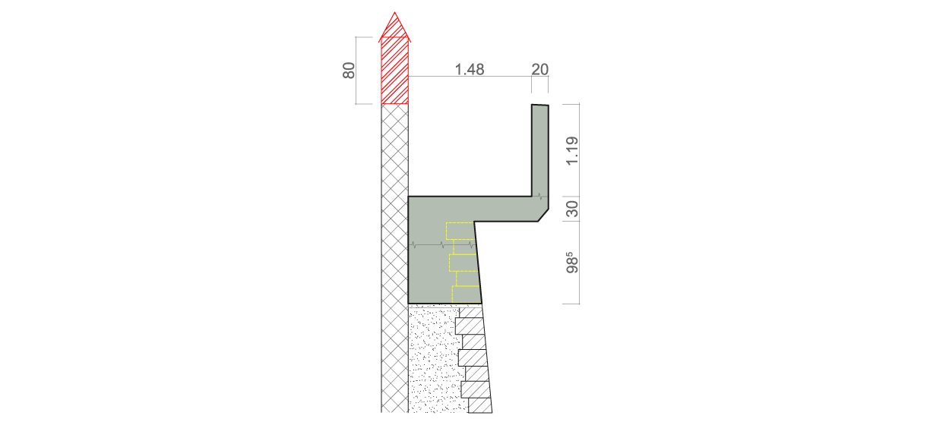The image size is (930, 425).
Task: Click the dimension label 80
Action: [x=349, y=71]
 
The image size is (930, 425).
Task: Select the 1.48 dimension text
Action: [x=470, y=69]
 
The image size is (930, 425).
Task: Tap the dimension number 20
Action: [x=539, y=69]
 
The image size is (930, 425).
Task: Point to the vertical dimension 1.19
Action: [x=572, y=150]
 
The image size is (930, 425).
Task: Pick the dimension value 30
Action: [x=572, y=209]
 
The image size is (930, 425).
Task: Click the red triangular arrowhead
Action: [x=394, y=27]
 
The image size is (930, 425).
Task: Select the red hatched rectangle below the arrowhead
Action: [x=394, y=71]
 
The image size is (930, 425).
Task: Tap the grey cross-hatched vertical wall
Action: [x=394, y=258]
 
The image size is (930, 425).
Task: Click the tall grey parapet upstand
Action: [x=540, y=151]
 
